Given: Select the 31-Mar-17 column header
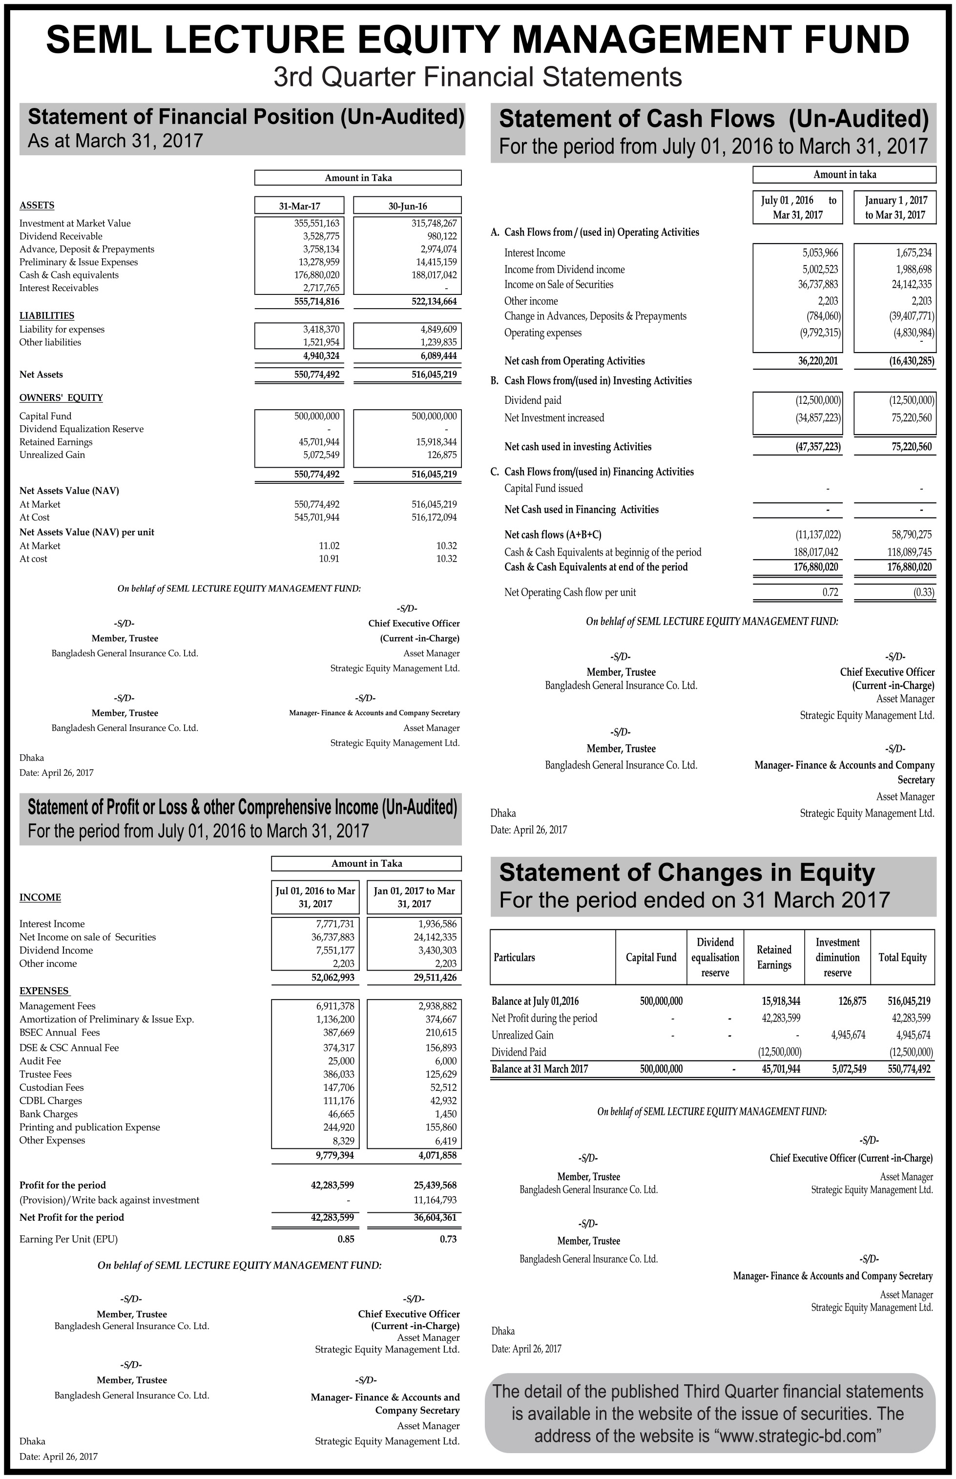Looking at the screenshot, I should tap(303, 206).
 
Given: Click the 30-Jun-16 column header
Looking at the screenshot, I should tap(407, 206).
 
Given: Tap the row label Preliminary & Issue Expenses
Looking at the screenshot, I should tap(79, 262).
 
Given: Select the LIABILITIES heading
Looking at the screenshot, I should tap(46, 315).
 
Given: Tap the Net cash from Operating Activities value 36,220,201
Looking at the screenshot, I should tap(819, 361).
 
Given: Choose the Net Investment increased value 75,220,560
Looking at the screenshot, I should tap(911, 417).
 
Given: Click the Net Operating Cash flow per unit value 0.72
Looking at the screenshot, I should tap(830, 592).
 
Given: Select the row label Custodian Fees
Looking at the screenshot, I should tap(52, 1087).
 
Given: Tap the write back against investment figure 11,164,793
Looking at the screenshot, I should tap(435, 1200).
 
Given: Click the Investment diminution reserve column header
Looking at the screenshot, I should tap(837, 958).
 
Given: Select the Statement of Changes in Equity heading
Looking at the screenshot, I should tap(686, 873).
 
